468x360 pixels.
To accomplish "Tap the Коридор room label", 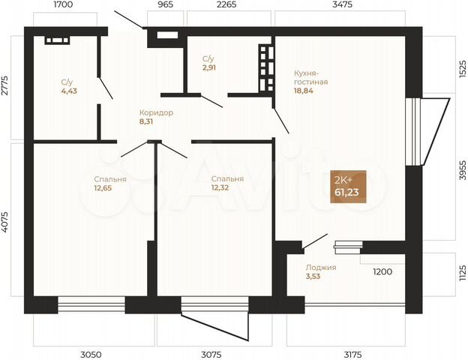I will pyautogui.click(x=156, y=112).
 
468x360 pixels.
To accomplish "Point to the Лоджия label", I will pyautogui.click(x=321, y=268).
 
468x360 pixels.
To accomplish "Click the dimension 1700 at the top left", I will pyautogui.click(x=63, y=5).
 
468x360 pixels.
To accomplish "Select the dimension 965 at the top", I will pyautogui.click(x=165, y=5).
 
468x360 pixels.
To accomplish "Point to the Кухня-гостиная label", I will pyautogui.click(x=310, y=77).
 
